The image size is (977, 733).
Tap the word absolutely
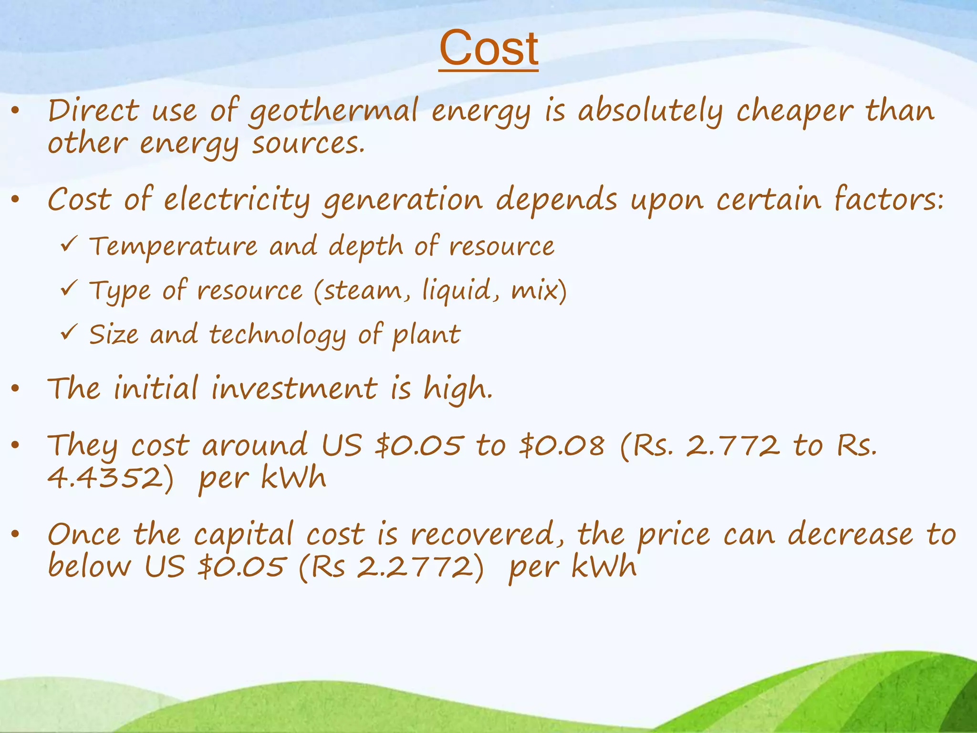coord(650,111)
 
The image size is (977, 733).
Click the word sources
coord(308,143)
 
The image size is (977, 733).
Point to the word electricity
coord(237,199)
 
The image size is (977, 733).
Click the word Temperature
coord(174,247)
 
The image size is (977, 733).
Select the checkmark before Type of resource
coord(68,288)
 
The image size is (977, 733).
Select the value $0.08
coord(562,446)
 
